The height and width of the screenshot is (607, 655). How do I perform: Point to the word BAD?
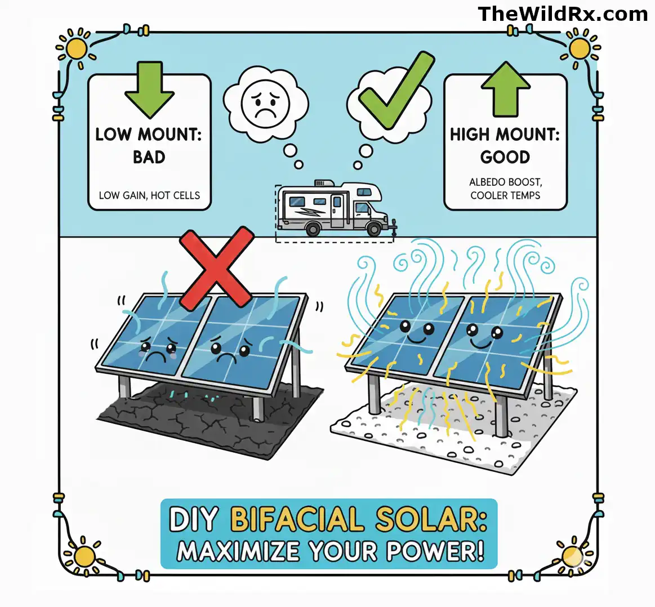pos(149,157)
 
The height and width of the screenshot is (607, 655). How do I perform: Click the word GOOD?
pos(505,157)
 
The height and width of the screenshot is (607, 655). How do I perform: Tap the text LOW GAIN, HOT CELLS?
pos(149,195)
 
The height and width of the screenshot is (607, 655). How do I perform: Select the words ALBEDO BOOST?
pos(505,182)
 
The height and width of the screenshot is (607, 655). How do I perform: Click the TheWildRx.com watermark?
pos(562,14)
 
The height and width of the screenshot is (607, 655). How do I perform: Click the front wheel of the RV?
pos(372,229)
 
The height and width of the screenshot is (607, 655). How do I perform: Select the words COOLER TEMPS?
pos(505,195)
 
